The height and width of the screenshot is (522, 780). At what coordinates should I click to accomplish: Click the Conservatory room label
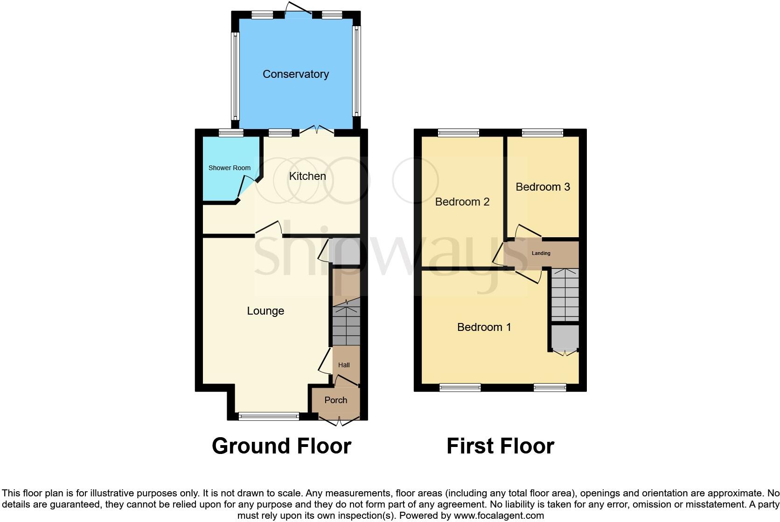click(295, 74)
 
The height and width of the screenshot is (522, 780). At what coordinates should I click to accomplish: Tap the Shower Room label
click(229, 168)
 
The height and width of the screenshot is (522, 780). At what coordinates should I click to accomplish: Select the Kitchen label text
click(307, 176)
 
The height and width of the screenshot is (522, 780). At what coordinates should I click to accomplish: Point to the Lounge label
click(265, 311)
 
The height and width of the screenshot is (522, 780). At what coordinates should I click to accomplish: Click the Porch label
click(335, 400)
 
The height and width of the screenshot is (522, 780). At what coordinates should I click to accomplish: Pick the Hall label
click(344, 365)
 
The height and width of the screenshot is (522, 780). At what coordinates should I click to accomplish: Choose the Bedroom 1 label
click(484, 327)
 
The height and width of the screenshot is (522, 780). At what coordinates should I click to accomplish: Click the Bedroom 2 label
click(462, 202)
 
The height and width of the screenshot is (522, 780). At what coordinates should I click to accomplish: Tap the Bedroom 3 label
click(543, 187)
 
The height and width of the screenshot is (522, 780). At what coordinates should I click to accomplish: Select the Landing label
click(541, 253)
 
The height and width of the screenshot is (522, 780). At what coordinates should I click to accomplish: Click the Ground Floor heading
click(281, 446)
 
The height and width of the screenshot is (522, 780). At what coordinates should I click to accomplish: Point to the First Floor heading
click(500, 446)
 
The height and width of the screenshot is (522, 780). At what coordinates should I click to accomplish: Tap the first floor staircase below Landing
click(565, 295)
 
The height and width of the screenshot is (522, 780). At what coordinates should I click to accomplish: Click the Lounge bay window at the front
click(269, 416)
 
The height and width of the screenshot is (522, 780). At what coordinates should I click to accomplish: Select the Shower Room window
click(231, 133)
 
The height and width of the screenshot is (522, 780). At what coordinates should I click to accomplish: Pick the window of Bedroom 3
click(542, 133)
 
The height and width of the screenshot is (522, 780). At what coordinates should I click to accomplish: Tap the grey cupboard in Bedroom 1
click(565, 337)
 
